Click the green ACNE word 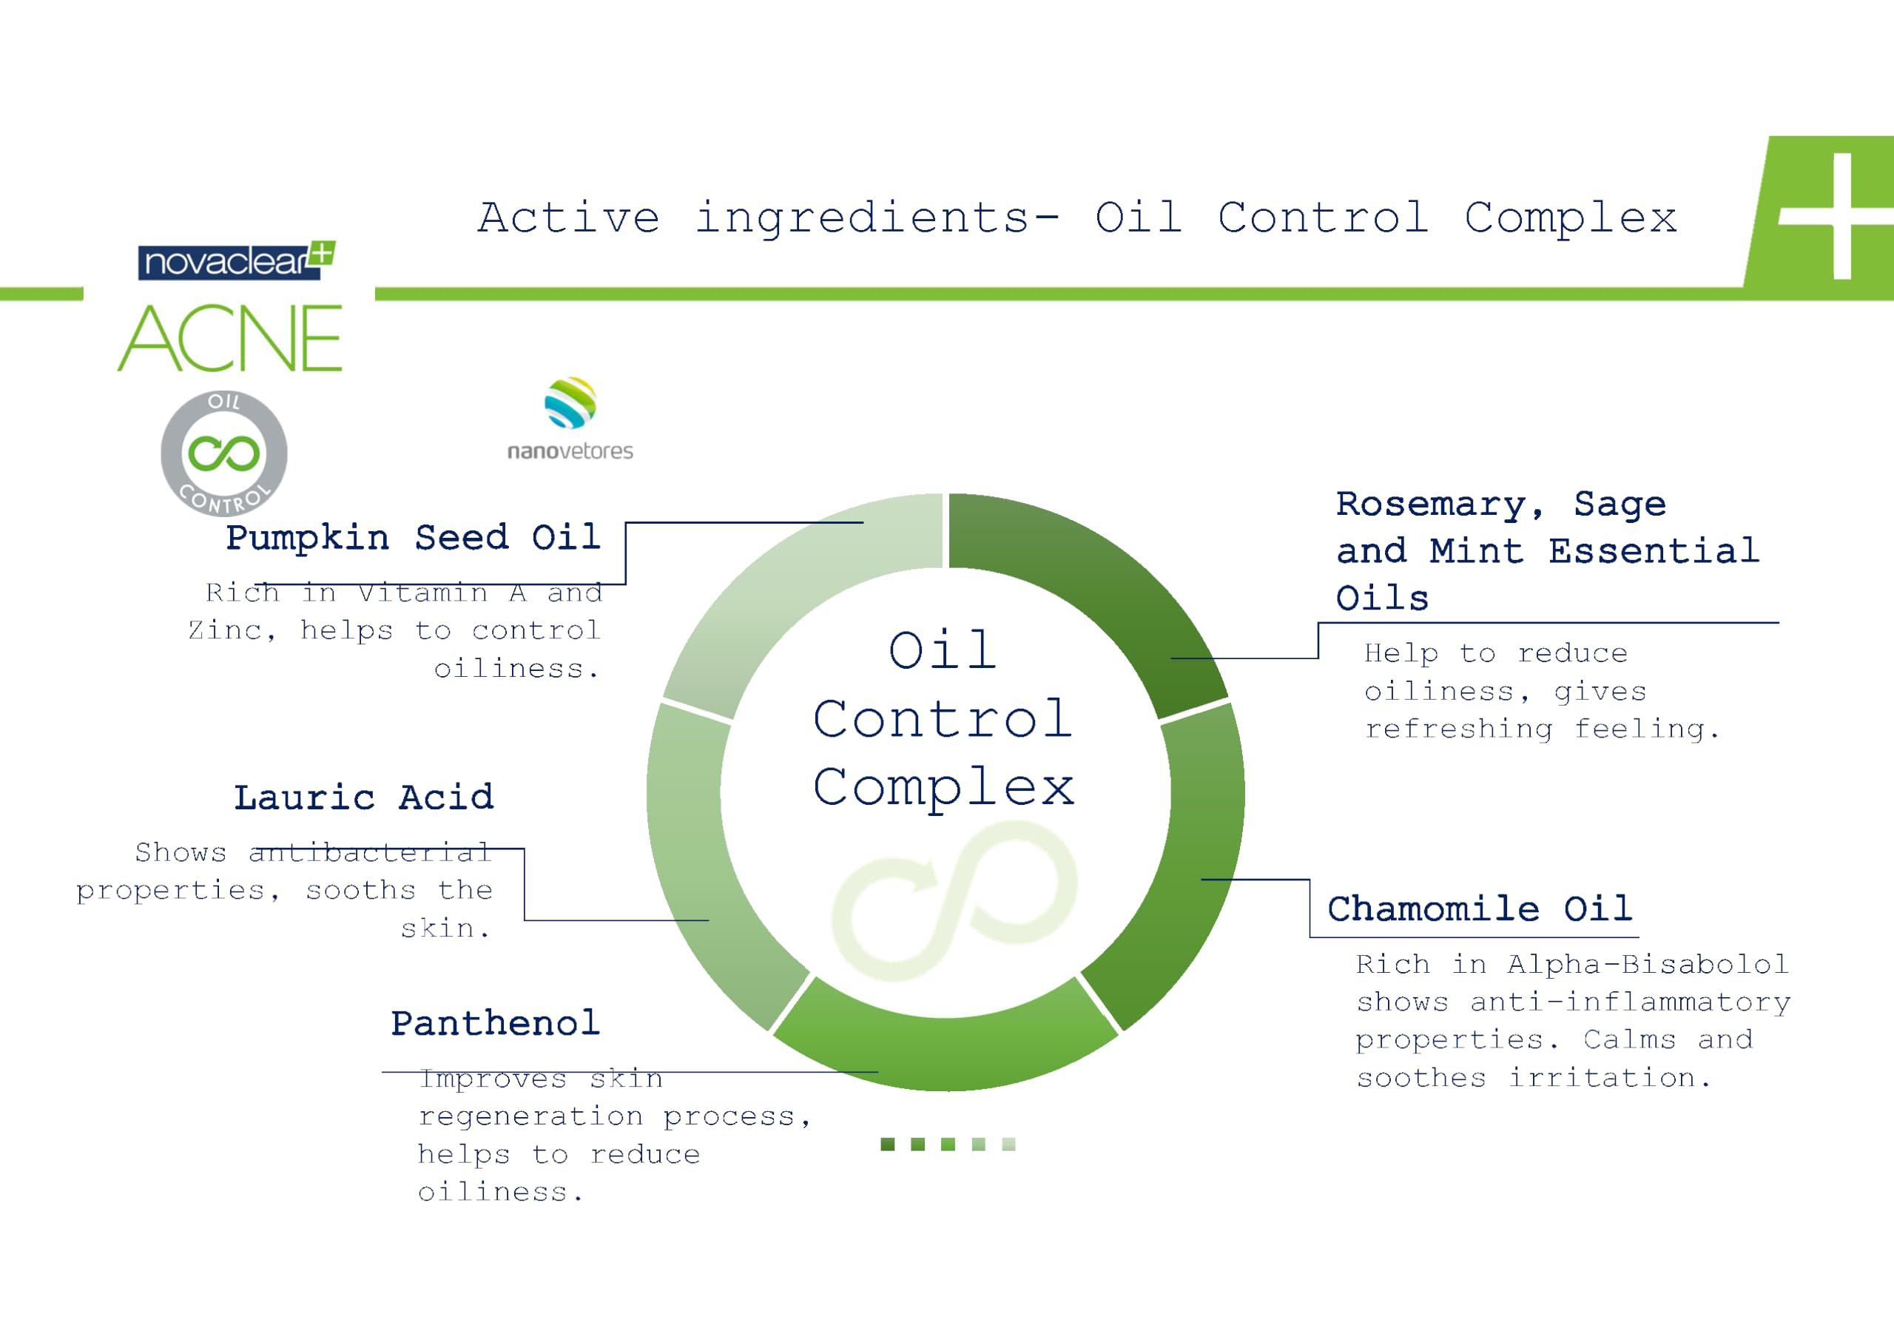point(230,338)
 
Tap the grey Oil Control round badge point(223,453)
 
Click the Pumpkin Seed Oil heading point(414,537)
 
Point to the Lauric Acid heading point(364,797)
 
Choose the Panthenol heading point(495,1023)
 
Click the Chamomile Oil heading point(1480,908)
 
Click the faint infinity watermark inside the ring point(954,901)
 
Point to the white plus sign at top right point(1841,216)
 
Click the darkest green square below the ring point(888,1144)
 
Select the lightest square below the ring point(1009,1144)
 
